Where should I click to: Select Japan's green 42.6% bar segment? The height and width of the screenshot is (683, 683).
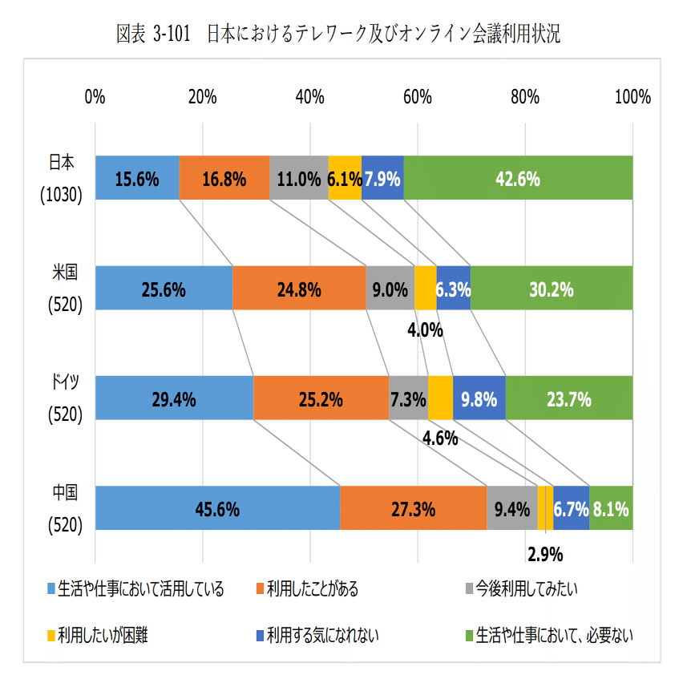(x=518, y=178)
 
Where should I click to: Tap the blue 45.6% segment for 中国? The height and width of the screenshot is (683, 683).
(x=217, y=507)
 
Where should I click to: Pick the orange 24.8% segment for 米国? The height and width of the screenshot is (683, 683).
(x=299, y=287)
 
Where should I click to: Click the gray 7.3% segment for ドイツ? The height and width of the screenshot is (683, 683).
(x=408, y=398)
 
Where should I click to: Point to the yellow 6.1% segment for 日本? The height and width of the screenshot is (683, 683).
(x=345, y=178)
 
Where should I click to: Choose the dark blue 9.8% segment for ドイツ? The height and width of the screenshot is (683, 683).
(x=479, y=398)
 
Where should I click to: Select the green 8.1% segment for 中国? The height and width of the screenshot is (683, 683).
(x=612, y=507)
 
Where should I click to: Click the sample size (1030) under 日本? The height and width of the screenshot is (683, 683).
(x=62, y=194)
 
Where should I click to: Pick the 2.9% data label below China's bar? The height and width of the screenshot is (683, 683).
(x=545, y=553)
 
